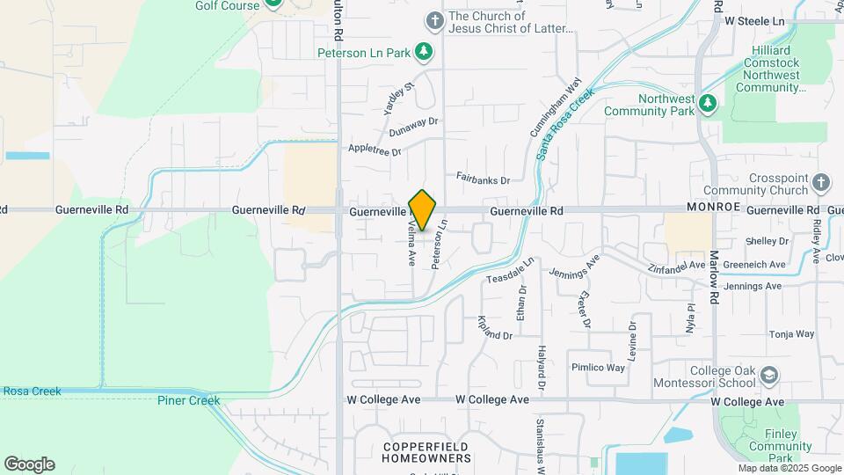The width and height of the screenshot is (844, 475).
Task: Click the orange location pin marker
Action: coord(422,210)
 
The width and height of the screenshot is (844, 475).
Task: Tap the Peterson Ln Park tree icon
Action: coord(425,52)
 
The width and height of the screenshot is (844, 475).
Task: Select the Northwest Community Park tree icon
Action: coord(708,106)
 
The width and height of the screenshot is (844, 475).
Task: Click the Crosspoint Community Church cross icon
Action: coord(820,183)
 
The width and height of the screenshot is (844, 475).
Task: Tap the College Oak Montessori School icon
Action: coord(769,376)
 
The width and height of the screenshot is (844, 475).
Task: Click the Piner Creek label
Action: coord(188,401)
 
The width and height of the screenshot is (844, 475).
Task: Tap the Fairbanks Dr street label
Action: coord(483,179)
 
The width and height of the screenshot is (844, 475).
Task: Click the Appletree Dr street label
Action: coord(375,150)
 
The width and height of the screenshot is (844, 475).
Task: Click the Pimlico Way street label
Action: coord(598,367)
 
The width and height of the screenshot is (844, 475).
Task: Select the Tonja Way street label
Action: coord(792,334)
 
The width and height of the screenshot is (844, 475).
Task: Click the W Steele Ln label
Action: coord(754,19)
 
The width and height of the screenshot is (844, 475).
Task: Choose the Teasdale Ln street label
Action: coord(510,271)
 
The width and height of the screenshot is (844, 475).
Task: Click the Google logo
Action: coord(29,464)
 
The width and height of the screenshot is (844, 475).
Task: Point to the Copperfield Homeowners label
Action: coord(426,453)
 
